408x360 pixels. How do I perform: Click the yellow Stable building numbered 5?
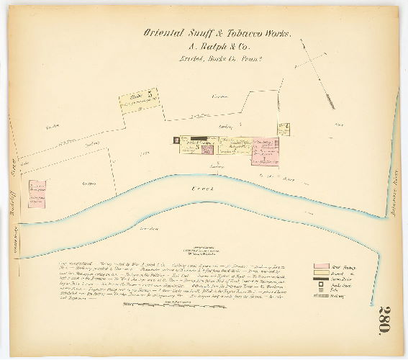(x=139, y=99)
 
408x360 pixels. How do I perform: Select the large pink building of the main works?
(x=265, y=152)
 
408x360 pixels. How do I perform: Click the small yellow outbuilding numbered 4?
(x=284, y=129)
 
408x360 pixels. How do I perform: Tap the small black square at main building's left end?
(x=176, y=141)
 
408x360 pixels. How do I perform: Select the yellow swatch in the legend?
(x=322, y=274)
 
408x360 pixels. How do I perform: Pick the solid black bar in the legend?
(x=322, y=279)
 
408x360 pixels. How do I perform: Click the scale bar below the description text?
(x=166, y=307)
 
